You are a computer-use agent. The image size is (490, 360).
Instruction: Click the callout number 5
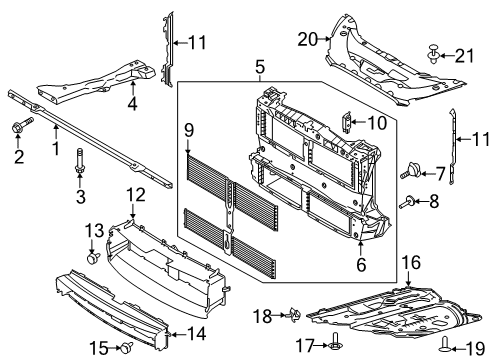click(x=259, y=68)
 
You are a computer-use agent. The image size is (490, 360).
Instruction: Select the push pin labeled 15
click(x=127, y=349)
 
